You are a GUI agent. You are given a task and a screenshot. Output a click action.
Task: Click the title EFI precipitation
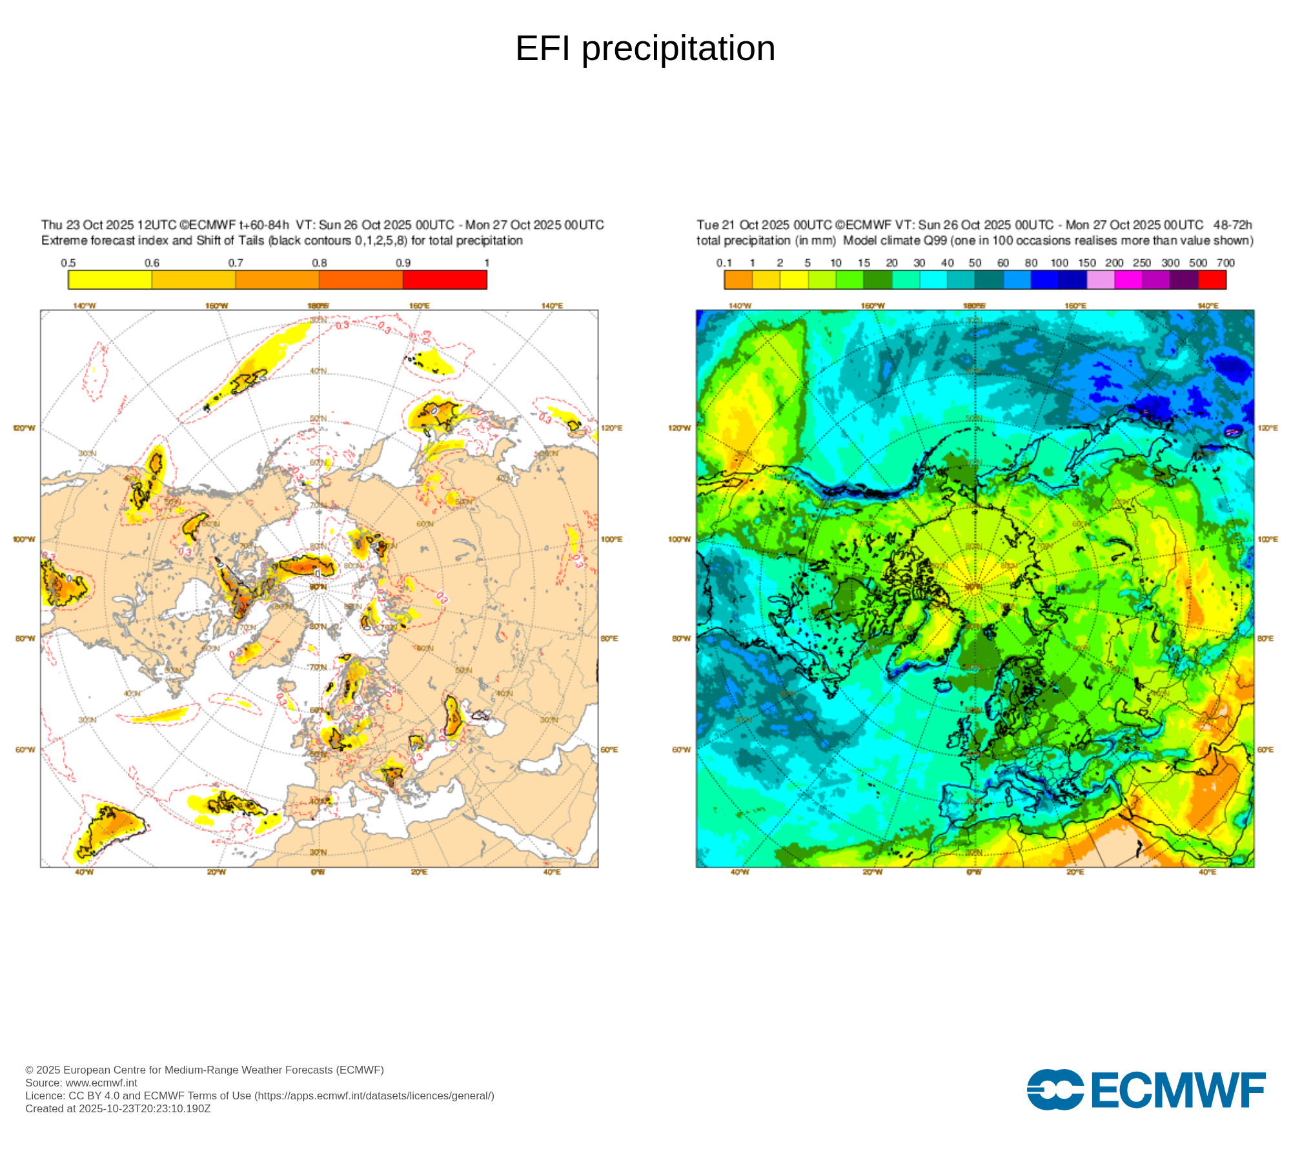pos(645,48)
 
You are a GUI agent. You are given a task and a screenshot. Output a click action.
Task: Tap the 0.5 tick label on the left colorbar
pos(68,263)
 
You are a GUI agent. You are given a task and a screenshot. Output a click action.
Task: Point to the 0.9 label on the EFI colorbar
pos(403,263)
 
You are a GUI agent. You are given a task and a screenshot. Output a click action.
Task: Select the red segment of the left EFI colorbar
pos(445,280)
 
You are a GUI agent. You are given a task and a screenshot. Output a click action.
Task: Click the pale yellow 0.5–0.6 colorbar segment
pos(110,280)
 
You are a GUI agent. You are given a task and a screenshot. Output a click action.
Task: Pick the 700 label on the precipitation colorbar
pos(1225,263)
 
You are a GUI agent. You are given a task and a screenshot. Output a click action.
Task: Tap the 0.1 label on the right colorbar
pos(724,263)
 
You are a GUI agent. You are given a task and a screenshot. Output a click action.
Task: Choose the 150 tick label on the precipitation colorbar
pos(1087,263)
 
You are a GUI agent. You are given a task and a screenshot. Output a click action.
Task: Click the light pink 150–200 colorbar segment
pos(1101,280)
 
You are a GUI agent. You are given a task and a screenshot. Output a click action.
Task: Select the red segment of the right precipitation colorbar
pos(1212,280)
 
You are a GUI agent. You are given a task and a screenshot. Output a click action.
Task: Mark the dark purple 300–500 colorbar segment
pos(1184,280)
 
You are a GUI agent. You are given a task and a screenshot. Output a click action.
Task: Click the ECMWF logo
pos(1146,1090)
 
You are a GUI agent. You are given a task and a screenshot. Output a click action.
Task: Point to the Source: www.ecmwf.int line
pos(81,1083)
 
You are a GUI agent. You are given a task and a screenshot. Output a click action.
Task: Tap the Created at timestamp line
pos(118,1108)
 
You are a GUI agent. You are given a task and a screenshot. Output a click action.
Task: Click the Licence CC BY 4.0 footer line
pos(259,1096)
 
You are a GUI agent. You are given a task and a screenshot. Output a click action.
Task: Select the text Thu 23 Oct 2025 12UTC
pos(109,225)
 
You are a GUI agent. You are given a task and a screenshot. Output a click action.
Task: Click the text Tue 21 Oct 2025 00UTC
pos(764,225)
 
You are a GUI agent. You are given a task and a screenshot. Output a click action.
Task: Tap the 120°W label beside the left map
pos(25,428)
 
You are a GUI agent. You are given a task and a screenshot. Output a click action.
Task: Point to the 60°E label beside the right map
pos(1265,749)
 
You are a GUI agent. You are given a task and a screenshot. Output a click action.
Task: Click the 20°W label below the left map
pos(216,872)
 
